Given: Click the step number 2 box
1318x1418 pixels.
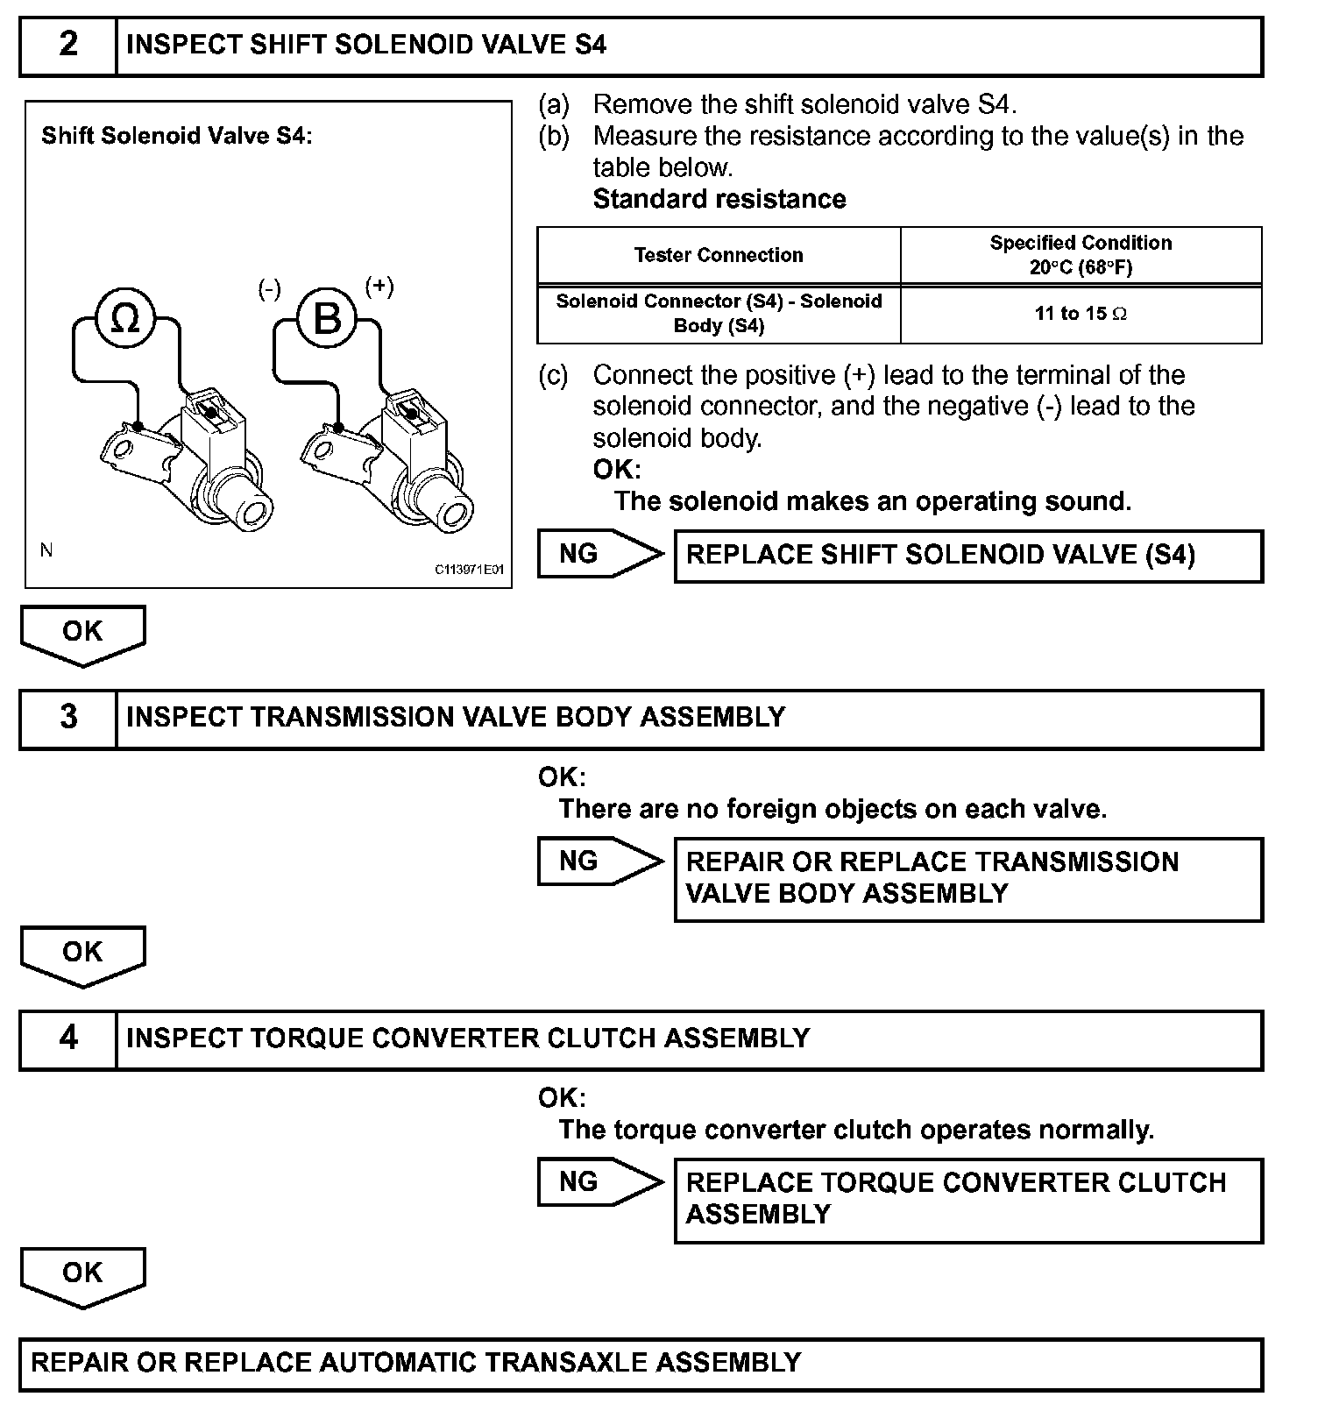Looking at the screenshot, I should pyautogui.click(x=68, y=45).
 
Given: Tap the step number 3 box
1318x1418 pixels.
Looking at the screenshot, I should pyautogui.click(x=68, y=718).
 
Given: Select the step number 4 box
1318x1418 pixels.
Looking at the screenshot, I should pyautogui.click(x=68, y=1039).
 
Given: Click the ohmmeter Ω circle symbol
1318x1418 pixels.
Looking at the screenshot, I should pyautogui.click(x=125, y=318).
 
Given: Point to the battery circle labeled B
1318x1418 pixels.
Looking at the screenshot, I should pyautogui.click(x=327, y=318).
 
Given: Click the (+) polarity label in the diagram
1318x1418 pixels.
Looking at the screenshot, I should pyautogui.click(x=379, y=287).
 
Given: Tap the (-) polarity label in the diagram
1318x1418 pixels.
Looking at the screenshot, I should pyautogui.click(x=269, y=289).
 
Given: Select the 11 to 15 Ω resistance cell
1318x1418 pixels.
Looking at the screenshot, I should pyautogui.click(x=1081, y=314).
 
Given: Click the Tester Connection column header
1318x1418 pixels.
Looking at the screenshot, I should pyautogui.click(x=719, y=255).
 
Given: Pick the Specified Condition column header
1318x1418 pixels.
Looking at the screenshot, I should pyautogui.click(x=1081, y=255).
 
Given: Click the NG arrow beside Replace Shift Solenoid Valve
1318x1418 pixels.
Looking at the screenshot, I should pyautogui.click(x=599, y=554).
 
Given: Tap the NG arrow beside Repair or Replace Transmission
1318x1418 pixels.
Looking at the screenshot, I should pyautogui.click(x=599, y=861).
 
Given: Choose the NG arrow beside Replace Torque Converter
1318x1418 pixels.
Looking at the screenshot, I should pyautogui.click(x=599, y=1182).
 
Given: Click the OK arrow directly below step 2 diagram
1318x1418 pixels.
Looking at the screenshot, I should pyautogui.click(x=82, y=634).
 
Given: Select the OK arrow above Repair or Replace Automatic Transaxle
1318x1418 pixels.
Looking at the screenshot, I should pyautogui.click(x=82, y=1275).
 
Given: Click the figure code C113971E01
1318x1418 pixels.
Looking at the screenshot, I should pyautogui.click(x=470, y=570).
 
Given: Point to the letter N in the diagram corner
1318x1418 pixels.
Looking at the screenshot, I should pyautogui.click(x=46, y=550).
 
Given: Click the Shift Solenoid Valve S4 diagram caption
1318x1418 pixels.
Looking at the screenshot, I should pyautogui.click(x=176, y=136).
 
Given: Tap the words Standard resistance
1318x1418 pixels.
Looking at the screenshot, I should pyautogui.click(x=719, y=200).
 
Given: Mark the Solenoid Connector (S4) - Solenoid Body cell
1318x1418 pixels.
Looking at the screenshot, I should pyautogui.click(x=719, y=314).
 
